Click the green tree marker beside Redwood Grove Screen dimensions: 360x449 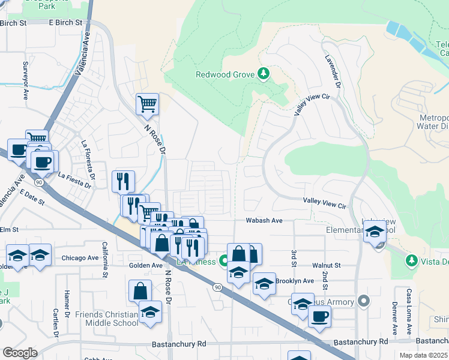click(x=263, y=74)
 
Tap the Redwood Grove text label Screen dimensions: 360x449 click(x=226, y=75)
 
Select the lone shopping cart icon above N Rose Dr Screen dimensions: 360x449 click(x=147, y=105)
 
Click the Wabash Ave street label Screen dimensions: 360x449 click(x=264, y=221)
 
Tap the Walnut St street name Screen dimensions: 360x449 click(x=326, y=265)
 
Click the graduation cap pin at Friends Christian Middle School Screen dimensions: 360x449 click(x=150, y=311)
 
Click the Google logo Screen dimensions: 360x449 click(x=19, y=353)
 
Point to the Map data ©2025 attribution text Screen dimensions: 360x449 click(x=423, y=355)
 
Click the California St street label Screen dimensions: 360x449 click(x=104, y=260)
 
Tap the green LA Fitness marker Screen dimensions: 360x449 click(x=223, y=261)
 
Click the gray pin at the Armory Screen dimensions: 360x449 click(x=363, y=300)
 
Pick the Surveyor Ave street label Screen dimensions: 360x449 click(x=25, y=80)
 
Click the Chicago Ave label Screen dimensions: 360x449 click(x=80, y=258)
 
